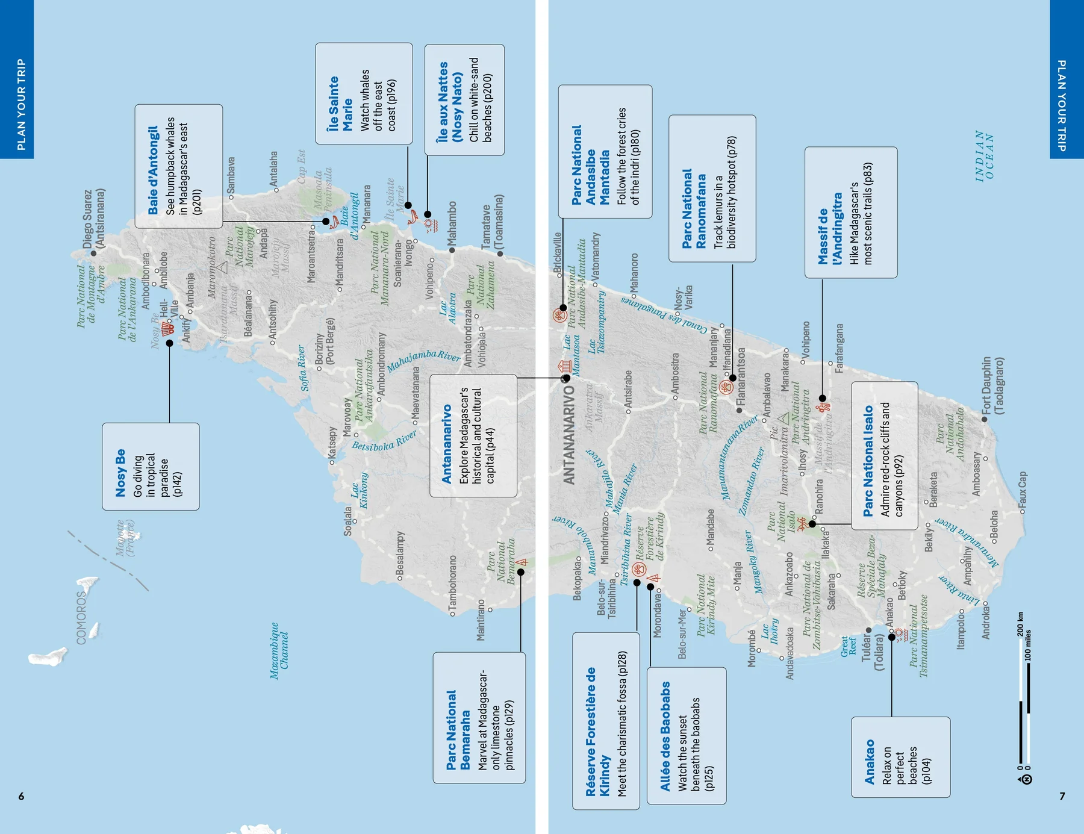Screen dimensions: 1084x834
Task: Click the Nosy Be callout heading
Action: [x=120, y=473]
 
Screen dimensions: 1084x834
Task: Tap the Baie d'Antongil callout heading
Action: [x=153, y=170]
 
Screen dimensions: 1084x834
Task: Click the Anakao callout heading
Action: [x=869, y=762]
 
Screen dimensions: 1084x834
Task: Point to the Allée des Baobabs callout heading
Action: [x=665, y=736]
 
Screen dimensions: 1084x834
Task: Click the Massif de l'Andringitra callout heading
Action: [x=830, y=229]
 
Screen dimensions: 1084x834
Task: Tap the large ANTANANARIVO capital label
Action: [x=568, y=435]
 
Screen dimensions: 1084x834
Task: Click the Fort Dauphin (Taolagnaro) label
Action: [x=992, y=385]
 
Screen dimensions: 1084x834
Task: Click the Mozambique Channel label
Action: [x=279, y=651]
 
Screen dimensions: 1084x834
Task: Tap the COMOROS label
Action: [x=81, y=617]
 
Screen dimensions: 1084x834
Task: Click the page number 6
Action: [x=21, y=796]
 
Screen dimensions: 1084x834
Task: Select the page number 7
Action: [x=1062, y=796]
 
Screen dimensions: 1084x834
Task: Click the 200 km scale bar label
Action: [x=1020, y=624]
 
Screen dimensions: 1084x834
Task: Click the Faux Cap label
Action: [x=1023, y=489]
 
